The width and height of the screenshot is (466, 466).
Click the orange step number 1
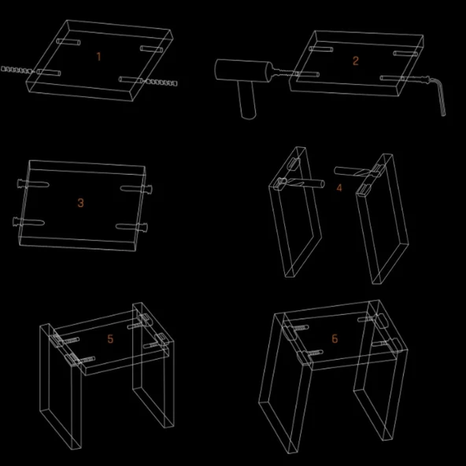[99, 57]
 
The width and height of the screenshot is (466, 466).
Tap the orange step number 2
[356, 61]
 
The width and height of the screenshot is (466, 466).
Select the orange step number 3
[80, 203]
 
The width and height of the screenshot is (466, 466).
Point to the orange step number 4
[339, 187]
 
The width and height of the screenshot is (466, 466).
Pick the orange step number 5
[110, 338]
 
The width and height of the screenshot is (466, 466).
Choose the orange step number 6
[335, 338]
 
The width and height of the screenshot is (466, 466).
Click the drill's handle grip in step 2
[247, 99]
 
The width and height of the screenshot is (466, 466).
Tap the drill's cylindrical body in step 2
[243, 70]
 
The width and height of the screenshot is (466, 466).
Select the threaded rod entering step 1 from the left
[17, 70]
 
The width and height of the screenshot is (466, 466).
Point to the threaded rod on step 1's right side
[161, 82]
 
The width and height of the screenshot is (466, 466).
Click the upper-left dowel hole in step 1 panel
[68, 42]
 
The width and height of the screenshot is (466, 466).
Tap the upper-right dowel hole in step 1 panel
[152, 49]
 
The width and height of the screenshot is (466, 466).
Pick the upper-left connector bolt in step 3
[33, 183]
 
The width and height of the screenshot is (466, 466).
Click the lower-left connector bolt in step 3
[28, 222]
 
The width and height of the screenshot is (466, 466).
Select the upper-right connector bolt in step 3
[136, 188]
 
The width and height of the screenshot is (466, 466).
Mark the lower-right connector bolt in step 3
[131, 227]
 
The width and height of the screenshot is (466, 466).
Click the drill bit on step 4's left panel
[301, 183]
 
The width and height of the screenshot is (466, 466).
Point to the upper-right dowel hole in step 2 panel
[405, 54]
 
